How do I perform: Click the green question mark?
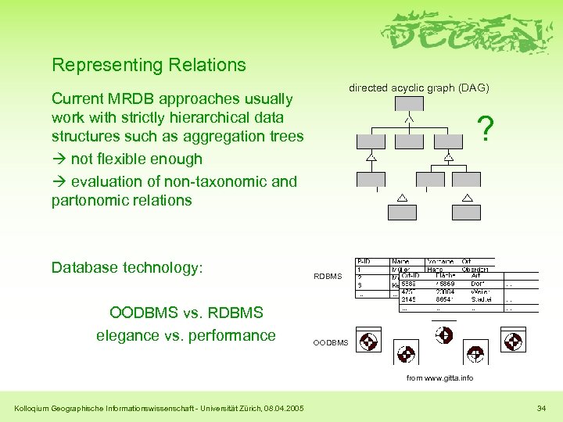486,129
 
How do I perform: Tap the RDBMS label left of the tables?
328,276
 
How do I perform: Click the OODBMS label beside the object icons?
331,342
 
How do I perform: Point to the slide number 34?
542,407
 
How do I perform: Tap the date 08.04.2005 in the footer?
285,407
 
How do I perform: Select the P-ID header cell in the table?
366,261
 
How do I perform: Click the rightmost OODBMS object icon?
514,342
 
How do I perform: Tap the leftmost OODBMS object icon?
368,342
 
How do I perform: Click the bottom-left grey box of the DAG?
401,212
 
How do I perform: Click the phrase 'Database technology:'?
127,267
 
